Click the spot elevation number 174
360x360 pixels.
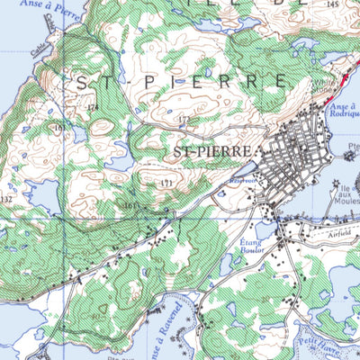click(x=91, y=107)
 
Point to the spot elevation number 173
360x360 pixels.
click(x=184, y=120)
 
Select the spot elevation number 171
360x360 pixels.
click(x=166, y=184)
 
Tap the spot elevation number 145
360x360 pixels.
click(x=333, y=4)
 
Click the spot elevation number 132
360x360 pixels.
click(x=7, y=199)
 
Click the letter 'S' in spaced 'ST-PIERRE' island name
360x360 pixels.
click(x=82, y=82)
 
